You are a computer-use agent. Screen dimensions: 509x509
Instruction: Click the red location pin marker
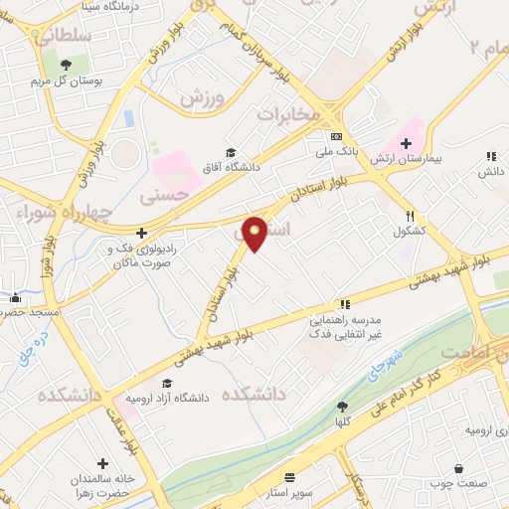pyautogui.click(x=255, y=233)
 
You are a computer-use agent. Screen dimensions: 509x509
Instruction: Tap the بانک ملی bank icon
pyautogui.click(x=336, y=136)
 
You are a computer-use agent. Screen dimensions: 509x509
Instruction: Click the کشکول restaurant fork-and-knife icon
pyautogui.click(x=409, y=216)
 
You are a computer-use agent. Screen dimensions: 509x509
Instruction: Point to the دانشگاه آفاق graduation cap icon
pyautogui.click(x=231, y=152)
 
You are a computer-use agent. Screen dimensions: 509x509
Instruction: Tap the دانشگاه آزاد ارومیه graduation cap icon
pyautogui.click(x=166, y=384)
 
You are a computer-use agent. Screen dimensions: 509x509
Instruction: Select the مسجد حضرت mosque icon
pyautogui.click(x=15, y=297)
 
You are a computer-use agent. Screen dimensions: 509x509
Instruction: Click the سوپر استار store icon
pyautogui.click(x=289, y=477)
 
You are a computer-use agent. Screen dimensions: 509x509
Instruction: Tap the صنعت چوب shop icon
pyautogui.click(x=458, y=468)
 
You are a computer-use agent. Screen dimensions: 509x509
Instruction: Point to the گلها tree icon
pyautogui.click(x=341, y=406)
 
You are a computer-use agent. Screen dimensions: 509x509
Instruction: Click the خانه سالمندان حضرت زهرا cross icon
pyautogui.click(x=102, y=463)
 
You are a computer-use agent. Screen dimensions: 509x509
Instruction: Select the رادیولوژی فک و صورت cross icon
pyautogui.click(x=141, y=232)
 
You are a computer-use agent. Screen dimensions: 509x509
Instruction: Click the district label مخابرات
pyautogui.click(x=290, y=114)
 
